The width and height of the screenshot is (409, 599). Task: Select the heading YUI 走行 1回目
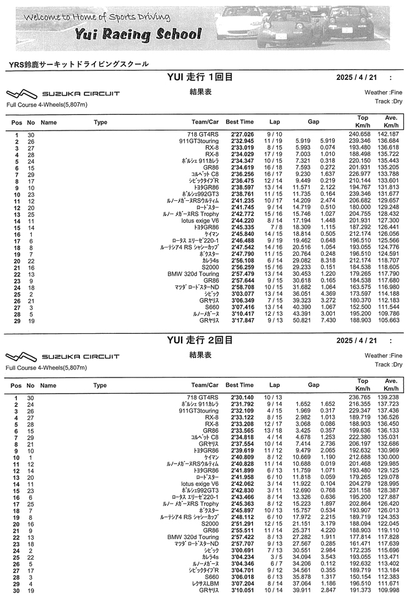pyautogui.click(x=200, y=77)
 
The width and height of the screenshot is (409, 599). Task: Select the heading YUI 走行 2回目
pyautogui.click(x=200, y=340)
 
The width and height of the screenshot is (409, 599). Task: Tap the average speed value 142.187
pyautogui.click(x=391, y=134)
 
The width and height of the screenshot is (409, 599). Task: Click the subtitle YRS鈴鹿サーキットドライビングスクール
pyautogui.click(x=79, y=64)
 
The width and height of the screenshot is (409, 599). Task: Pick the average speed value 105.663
pyautogui.click(x=391, y=320)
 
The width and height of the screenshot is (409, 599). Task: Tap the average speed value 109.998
pyautogui.click(x=391, y=589)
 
